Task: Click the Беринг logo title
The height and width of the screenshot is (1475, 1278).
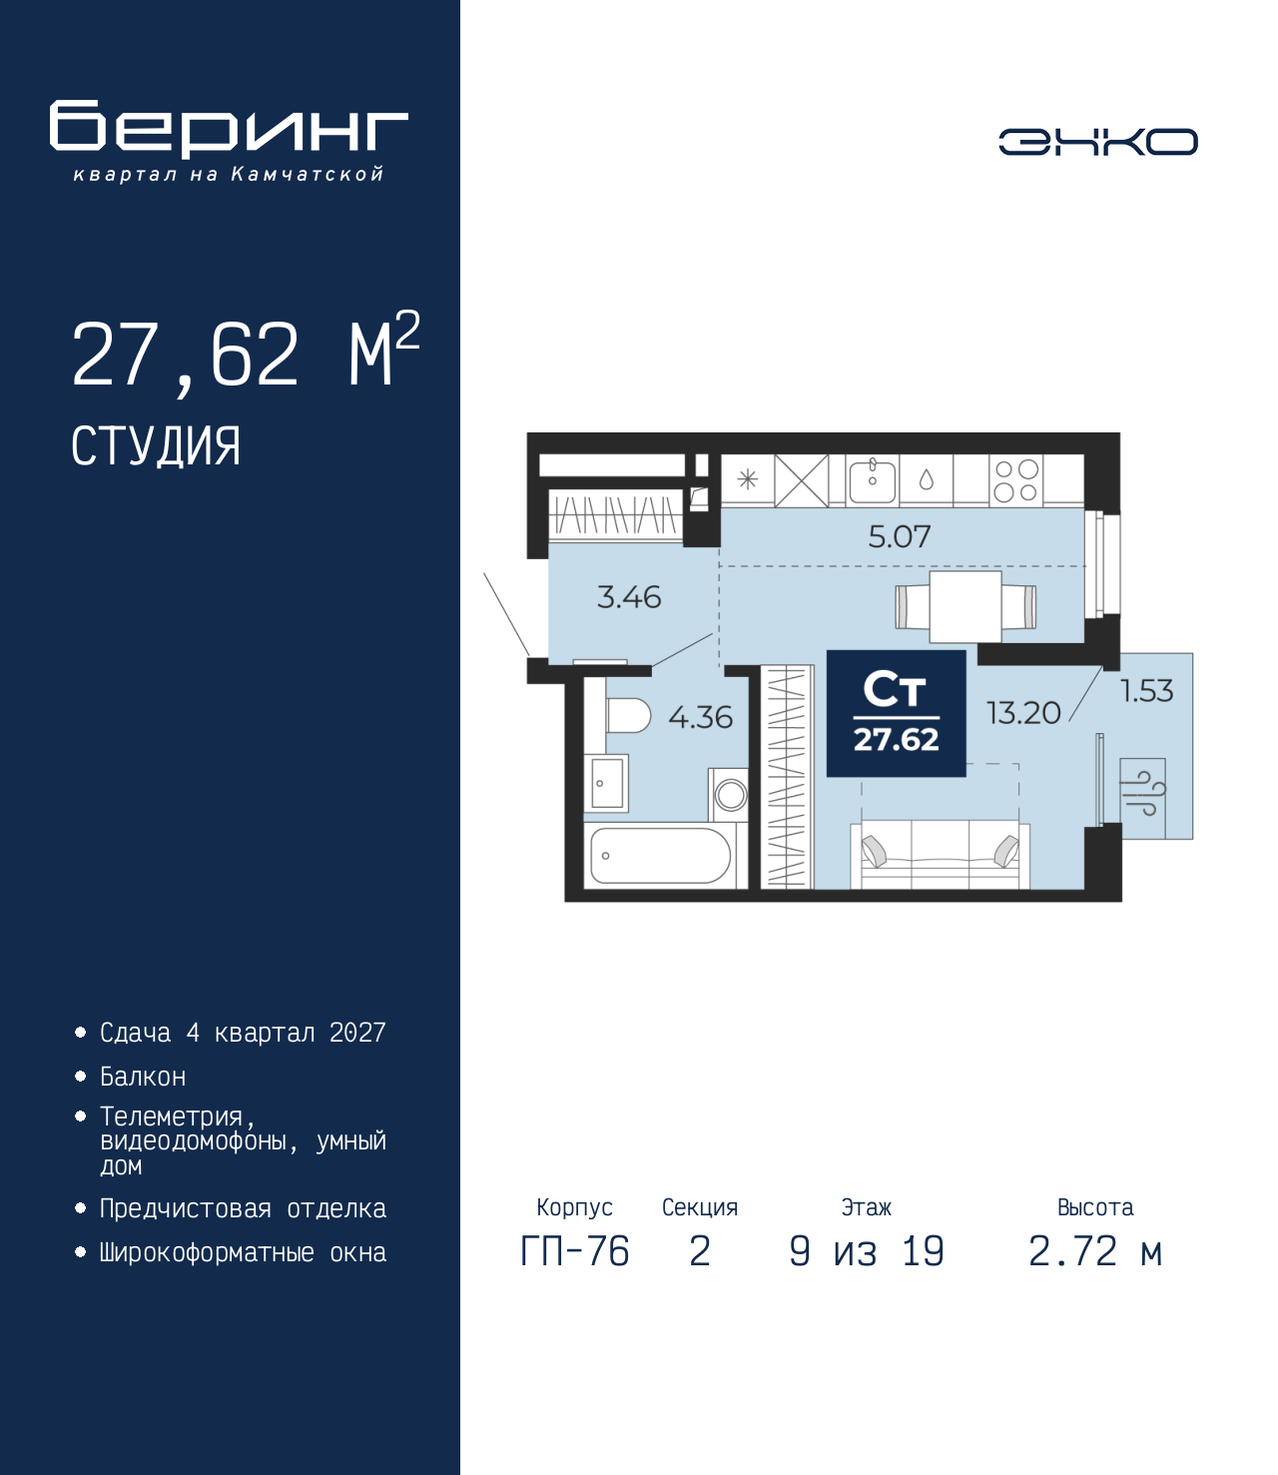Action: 229,129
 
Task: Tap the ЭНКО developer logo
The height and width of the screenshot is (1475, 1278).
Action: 1097,142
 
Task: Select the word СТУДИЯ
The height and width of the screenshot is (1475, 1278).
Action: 156,446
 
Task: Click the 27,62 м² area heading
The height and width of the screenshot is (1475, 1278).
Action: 245,354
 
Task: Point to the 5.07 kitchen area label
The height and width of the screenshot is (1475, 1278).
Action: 899,537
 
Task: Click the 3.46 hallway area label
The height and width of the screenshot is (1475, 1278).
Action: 629,597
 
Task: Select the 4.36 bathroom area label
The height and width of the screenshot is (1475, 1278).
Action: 700,717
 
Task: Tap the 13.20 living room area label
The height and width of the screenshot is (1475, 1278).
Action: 1023,713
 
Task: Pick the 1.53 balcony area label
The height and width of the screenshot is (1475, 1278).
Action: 1146,691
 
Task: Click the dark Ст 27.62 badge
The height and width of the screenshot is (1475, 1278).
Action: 896,713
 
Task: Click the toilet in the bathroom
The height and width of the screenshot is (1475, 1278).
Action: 626,715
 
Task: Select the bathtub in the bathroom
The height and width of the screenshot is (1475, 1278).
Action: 660,856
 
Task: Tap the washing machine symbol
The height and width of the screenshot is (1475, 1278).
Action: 730,795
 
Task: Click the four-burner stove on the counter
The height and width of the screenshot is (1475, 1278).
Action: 1016,480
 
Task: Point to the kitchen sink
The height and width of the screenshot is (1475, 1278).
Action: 872,480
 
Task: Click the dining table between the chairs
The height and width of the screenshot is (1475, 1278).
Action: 965,606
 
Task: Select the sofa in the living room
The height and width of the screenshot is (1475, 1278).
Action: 940,855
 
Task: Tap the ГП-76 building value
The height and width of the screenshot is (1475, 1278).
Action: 575,1251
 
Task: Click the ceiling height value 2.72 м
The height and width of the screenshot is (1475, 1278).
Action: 1095,1251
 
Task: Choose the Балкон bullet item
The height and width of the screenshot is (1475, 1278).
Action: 143,1077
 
